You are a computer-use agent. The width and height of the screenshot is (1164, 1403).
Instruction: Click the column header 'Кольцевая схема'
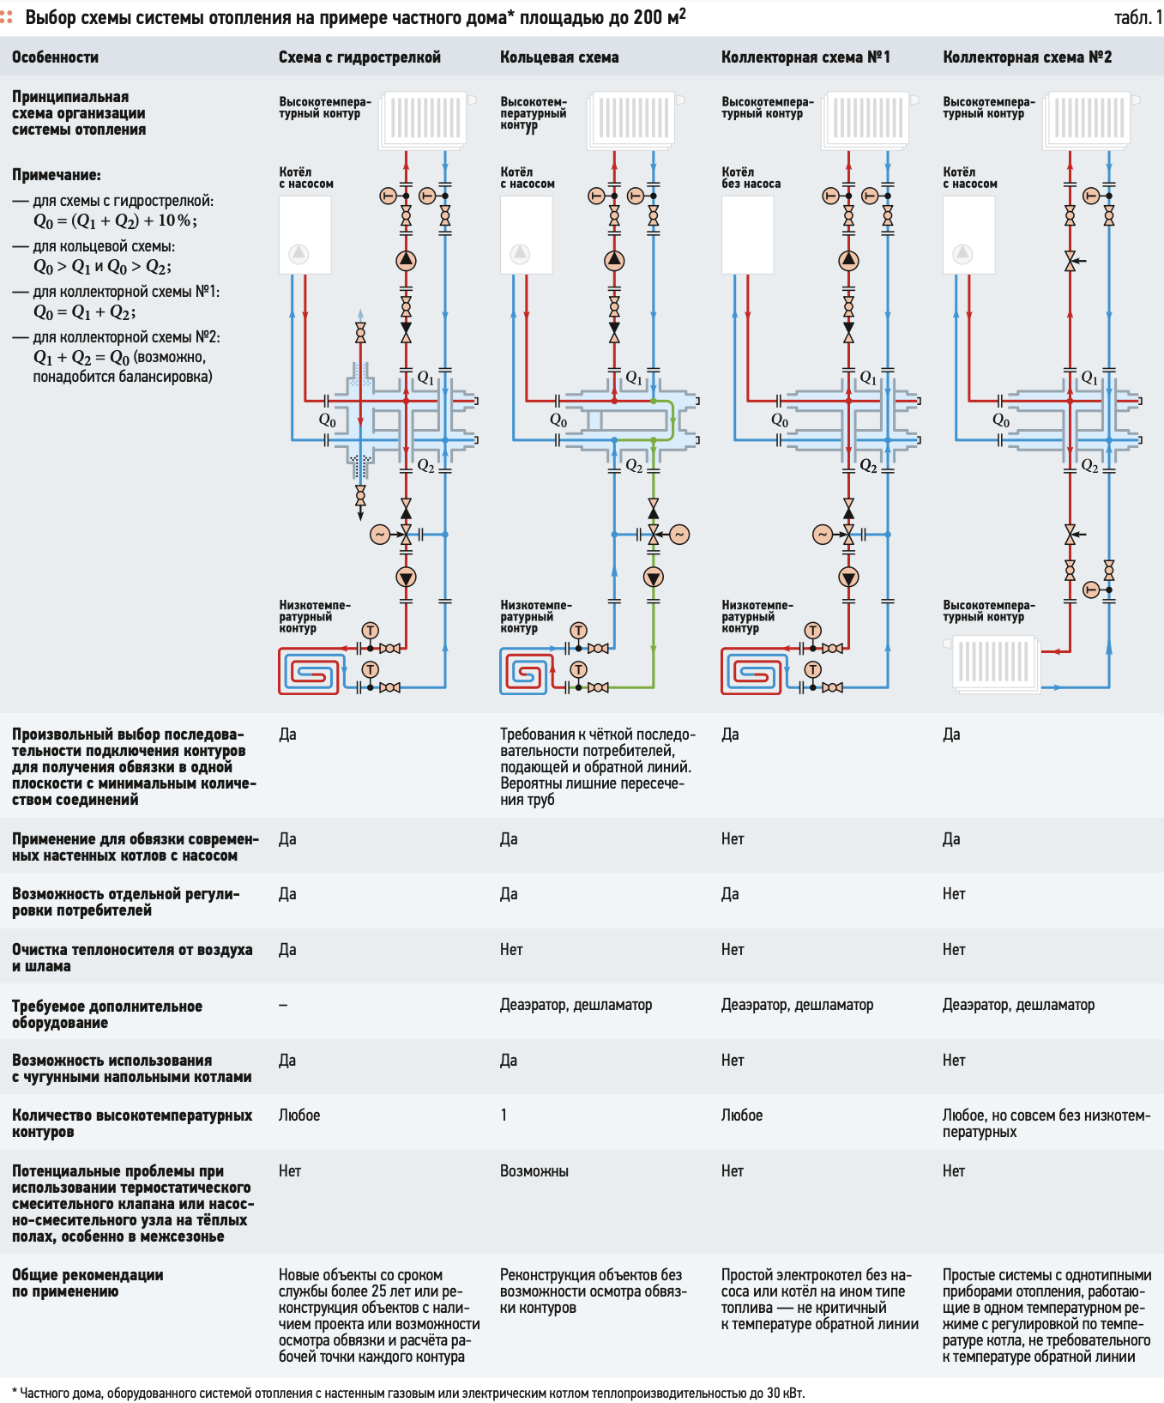[x=559, y=57]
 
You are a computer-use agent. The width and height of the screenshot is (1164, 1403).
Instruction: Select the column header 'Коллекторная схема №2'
[x=1027, y=57]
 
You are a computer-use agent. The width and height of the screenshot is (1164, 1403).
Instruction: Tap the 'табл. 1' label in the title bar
[x=1137, y=17]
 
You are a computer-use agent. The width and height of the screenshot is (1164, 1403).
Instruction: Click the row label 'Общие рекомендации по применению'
[x=87, y=1283]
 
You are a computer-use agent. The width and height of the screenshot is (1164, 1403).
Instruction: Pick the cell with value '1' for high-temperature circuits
[x=504, y=1115]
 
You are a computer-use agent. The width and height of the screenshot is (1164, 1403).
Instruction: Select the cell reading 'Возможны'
[x=534, y=1171]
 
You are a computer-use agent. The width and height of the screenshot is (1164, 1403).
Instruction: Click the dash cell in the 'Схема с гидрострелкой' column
[x=283, y=1005]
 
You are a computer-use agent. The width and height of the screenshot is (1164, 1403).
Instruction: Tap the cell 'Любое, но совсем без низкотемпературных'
[x=1046, y=1123]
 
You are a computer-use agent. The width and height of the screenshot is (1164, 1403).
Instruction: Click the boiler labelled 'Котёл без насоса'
[x=748, y=235]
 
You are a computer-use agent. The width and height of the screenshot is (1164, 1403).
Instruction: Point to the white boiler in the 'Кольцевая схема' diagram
[x=526, y=235]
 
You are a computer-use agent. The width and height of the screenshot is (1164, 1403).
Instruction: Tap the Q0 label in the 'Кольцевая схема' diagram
[x=558, y=420]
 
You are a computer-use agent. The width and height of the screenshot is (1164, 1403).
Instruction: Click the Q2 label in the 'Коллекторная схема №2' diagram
[x=1089, y=465]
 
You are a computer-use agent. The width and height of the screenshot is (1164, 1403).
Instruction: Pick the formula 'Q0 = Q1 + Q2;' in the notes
[x=84, y=312]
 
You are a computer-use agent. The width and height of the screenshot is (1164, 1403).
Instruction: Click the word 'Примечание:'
[x=57, y=175]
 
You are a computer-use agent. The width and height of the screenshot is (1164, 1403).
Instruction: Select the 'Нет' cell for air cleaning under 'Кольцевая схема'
[x=511, y=950]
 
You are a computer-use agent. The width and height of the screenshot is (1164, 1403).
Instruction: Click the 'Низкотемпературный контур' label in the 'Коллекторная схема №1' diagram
[x=757, y=616]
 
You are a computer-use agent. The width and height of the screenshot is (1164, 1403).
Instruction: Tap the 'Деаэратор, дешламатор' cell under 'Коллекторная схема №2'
[x=1018, y=1005]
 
